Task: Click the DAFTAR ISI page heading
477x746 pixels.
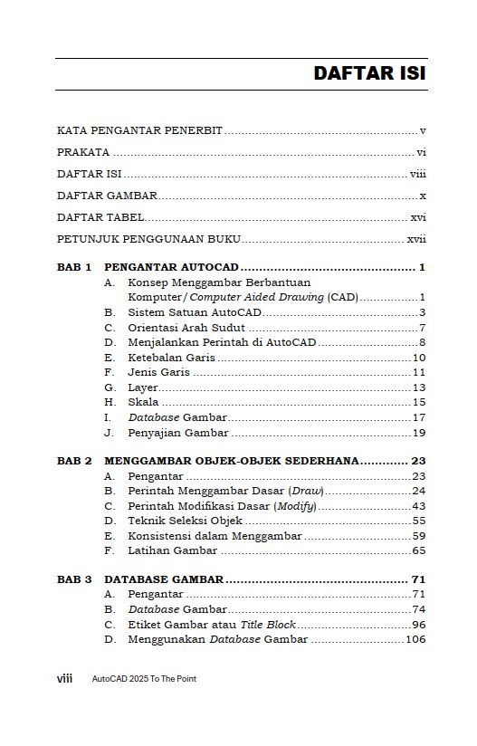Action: tap(369, 73)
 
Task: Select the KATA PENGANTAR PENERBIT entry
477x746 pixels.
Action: tap(139, 130)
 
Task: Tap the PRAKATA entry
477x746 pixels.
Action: tap(83, 152)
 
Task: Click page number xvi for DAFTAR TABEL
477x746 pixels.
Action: tap(418, 217)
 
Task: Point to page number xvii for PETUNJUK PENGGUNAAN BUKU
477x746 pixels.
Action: tap(416, 239)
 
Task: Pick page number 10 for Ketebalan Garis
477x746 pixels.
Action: tap(419, 358)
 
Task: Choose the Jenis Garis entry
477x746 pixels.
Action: tap(159, 372)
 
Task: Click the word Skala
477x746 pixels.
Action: tap(143, 402)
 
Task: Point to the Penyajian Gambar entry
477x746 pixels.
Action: tap(177, 432)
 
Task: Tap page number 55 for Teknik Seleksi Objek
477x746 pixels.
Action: tap(419, 521)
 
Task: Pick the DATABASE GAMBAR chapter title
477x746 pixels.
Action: tap(164, 579)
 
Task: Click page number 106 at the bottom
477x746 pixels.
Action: tap(415, 639)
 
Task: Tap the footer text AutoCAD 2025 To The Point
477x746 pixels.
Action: tap(144, 678)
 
